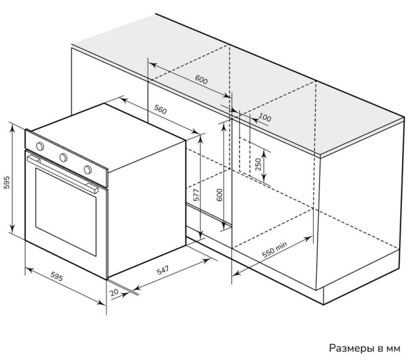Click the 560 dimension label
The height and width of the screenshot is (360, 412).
point(160,109)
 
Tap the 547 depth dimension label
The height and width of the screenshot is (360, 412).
point(163,270)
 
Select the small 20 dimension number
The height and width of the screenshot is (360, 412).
point(114,292)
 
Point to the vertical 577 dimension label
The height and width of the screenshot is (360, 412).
point(196,195)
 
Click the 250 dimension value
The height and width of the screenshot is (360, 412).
point(258,164)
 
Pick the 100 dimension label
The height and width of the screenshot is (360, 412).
point(265,117)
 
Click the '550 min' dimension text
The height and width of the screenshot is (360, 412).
point(274,249)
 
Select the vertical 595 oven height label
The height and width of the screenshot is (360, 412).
point(6,182)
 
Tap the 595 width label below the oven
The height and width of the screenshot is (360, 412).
point(57,276)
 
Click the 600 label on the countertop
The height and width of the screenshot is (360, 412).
point(202,80)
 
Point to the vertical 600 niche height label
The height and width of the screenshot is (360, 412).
point(219,195)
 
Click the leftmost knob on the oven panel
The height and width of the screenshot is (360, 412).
point(40,146)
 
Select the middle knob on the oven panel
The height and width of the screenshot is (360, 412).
point(63,157)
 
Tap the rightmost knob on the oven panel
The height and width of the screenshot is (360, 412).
point(87,169)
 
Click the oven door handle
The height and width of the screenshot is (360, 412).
point(63,174)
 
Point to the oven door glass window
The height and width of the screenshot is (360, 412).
point(66,212)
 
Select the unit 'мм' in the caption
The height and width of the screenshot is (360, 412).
point(393,349)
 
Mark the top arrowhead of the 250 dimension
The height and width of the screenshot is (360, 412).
point(264,155)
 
